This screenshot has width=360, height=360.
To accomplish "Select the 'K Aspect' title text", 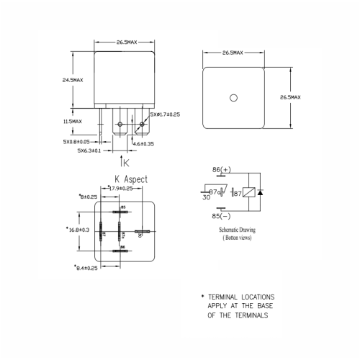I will click(130, 178).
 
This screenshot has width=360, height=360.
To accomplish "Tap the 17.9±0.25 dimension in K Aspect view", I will click(119, 188).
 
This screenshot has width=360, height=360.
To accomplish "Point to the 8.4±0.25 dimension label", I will click(89, 267).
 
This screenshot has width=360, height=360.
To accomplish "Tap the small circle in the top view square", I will click(233, 98).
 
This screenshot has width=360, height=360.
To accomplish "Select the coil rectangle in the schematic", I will click(247, 193).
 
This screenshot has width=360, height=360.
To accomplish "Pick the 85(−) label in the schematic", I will click(221, 215).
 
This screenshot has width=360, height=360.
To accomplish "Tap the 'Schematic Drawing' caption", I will click(238, 230).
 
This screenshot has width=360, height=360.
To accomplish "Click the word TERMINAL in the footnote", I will click(233, 297).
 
